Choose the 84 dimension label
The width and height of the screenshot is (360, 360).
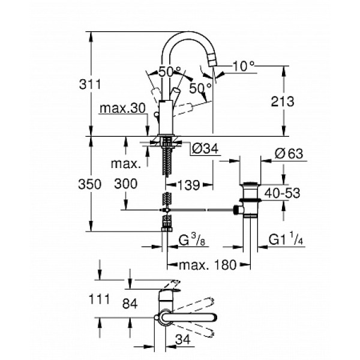point(128,304)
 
